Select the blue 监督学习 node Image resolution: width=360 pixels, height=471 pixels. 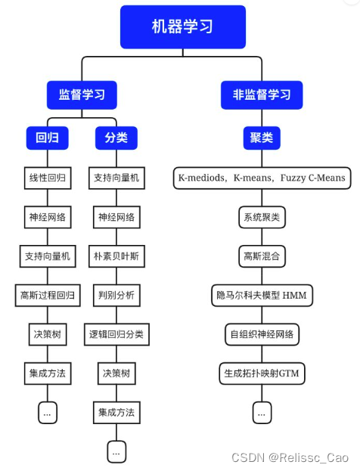click(x=82, y=95)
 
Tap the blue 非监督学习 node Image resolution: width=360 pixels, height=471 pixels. click(x=262, y=95)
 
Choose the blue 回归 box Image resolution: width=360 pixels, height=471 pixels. click(x=47, y=138)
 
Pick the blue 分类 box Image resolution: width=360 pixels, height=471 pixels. click(x=116, y=138)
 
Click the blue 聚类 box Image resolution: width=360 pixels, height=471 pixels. click(x=262, y=138)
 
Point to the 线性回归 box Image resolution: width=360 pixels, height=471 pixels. click(x=47, y=178)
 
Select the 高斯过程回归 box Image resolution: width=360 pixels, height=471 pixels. click(x=47, y=295)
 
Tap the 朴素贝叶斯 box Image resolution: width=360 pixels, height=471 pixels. click(x=116, y=256)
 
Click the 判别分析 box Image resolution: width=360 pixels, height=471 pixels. click(x=116, y=295)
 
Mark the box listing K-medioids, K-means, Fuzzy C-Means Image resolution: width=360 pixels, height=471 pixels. click(x=262, y=178)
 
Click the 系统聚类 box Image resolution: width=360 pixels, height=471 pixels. click(x=262, y=217)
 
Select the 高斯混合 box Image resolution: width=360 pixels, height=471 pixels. click(x=262, y=256)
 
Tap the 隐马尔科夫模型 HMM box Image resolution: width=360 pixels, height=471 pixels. click(x=262, y=295)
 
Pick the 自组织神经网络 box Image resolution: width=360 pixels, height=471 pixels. click(x=262, y=333)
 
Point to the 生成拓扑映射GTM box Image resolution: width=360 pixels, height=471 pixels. click(x=262, y=373)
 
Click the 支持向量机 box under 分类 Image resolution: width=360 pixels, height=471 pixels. click(x=116, y=178)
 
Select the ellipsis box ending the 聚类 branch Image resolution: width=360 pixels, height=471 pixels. click(x=262, y=412)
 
